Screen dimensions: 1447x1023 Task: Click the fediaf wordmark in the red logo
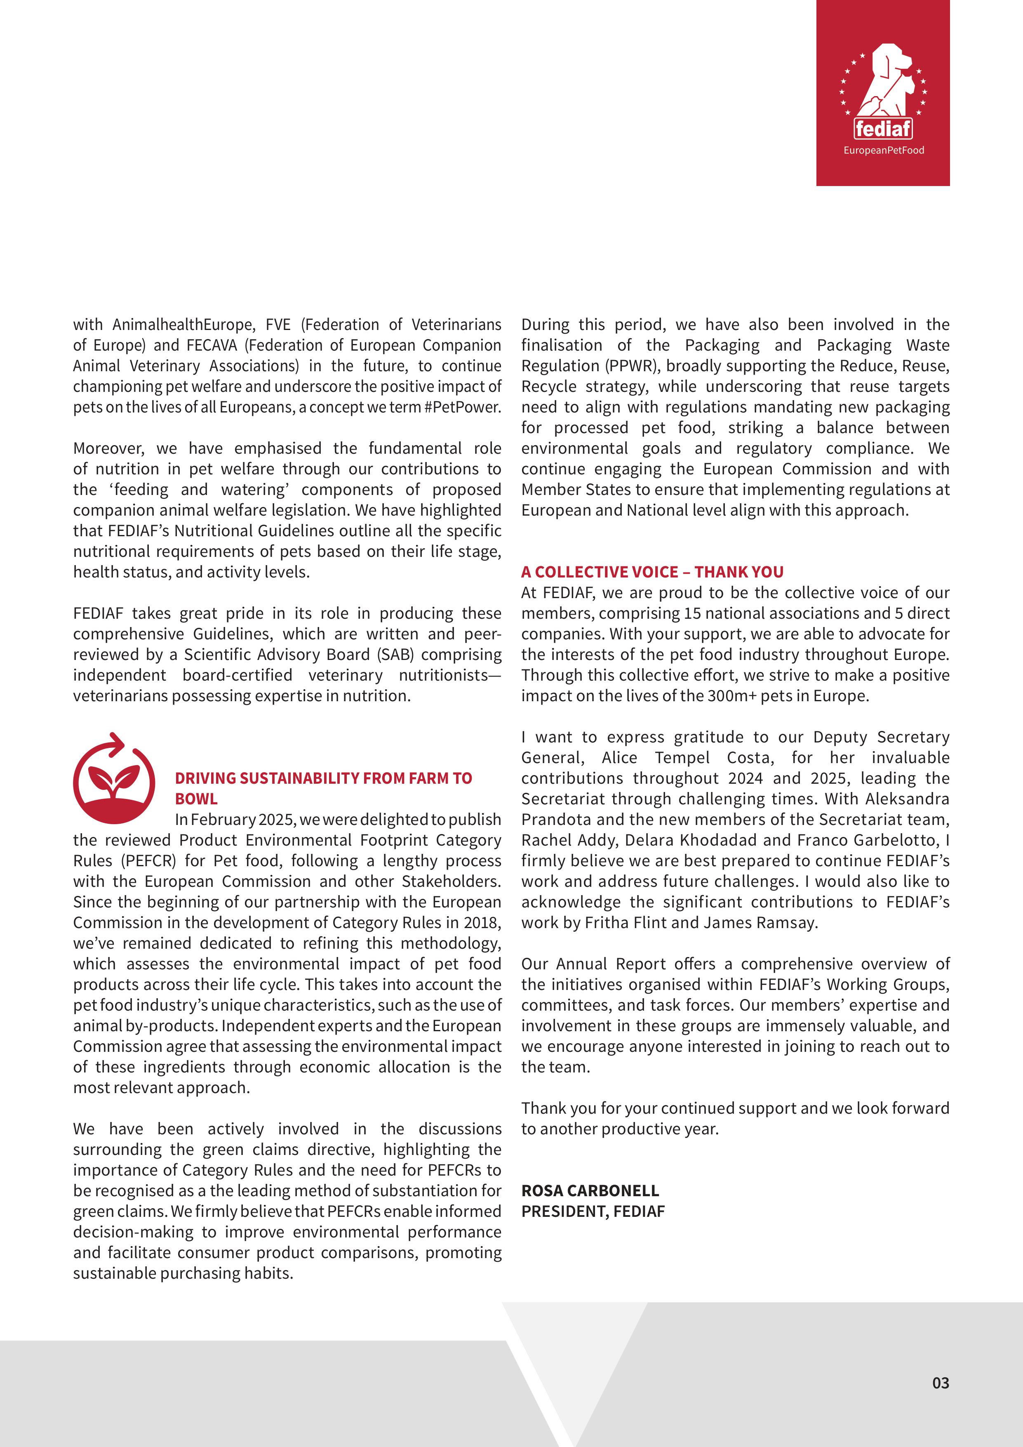(883, 129)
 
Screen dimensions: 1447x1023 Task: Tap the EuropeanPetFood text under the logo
(883, 150)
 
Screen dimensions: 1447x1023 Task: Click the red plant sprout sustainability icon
(114, 779)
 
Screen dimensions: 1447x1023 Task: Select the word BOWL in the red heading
(196, 799)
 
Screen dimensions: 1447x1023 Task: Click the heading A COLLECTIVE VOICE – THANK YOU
(652, 572)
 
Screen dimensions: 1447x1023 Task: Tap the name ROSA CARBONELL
(590, 1190)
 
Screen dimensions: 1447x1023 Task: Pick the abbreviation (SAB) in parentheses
(394, 654)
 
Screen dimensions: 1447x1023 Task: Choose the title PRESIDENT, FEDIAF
(593, 1211)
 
